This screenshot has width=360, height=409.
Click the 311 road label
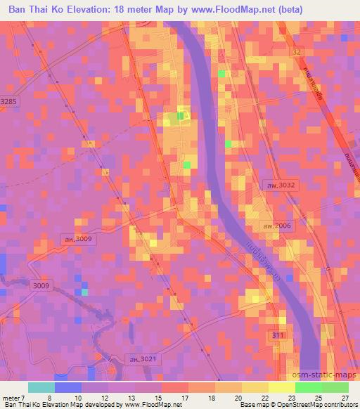click(279, 336)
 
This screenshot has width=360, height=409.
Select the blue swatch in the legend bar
click(68, 387)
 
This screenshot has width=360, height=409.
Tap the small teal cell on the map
click(85, 292)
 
